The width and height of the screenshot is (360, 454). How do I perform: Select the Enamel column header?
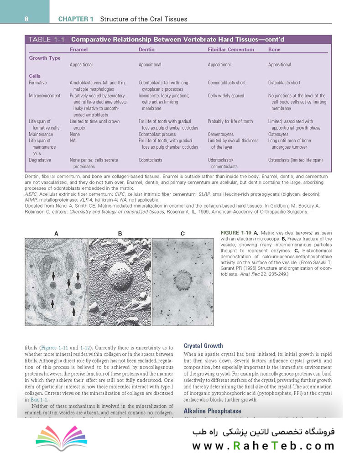(x=78, y=49)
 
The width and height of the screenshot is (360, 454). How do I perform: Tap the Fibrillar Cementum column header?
(x=230, y=49)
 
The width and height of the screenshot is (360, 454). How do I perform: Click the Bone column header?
(x=274, y=49)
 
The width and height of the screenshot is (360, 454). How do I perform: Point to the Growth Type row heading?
(x=44, y=58)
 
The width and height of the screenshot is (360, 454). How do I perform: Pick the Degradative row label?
(x=40, y=160)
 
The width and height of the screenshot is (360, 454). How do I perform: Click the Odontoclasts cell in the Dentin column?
(x=151, y=160)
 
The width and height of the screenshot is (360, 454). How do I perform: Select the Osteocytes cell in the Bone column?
(x=279, y=134)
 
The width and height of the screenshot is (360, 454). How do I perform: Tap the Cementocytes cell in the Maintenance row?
(x=220, y=134)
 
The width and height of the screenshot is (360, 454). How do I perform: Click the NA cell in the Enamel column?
(x=73, y=141)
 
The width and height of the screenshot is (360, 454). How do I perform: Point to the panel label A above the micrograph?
(x=56, y=233)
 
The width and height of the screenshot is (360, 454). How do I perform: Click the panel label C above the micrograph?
(x=182, y=233)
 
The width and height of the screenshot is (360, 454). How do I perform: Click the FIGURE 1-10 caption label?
(x=235, y=233)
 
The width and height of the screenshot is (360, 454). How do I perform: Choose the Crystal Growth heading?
(x=203, y=345)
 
